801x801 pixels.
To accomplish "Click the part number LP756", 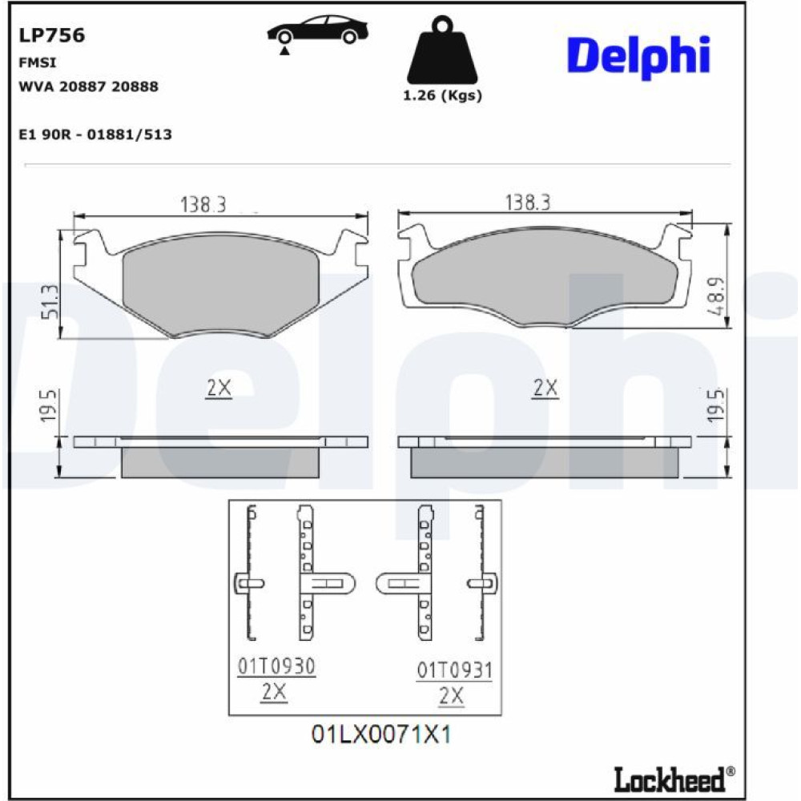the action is [51, 35].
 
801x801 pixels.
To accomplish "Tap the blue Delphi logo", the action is [638, 57].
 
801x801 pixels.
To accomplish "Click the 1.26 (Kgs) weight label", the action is [442, 95].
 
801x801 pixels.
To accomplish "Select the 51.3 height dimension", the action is [50, 302].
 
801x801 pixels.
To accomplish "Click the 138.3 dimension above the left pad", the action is [203, 204].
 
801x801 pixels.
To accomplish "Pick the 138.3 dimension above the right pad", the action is [528, 203].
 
